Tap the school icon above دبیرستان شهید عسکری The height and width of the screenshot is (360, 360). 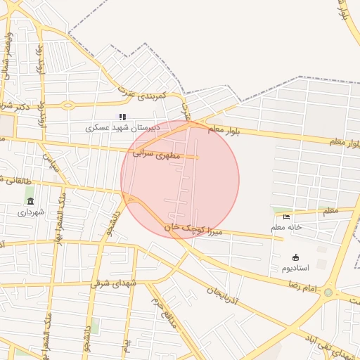[122, 117]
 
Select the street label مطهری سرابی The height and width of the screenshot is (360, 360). [157, 152]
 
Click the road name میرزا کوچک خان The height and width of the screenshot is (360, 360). [193, 229]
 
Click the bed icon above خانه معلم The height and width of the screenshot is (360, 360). [286, 217]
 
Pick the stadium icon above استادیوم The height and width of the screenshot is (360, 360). [295, 257]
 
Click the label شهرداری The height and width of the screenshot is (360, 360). [30, 212]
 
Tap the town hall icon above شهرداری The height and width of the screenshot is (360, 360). [30, 201]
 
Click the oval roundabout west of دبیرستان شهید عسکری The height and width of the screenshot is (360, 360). [67, 105]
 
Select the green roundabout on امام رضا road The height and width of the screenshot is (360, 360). [328, 292]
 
